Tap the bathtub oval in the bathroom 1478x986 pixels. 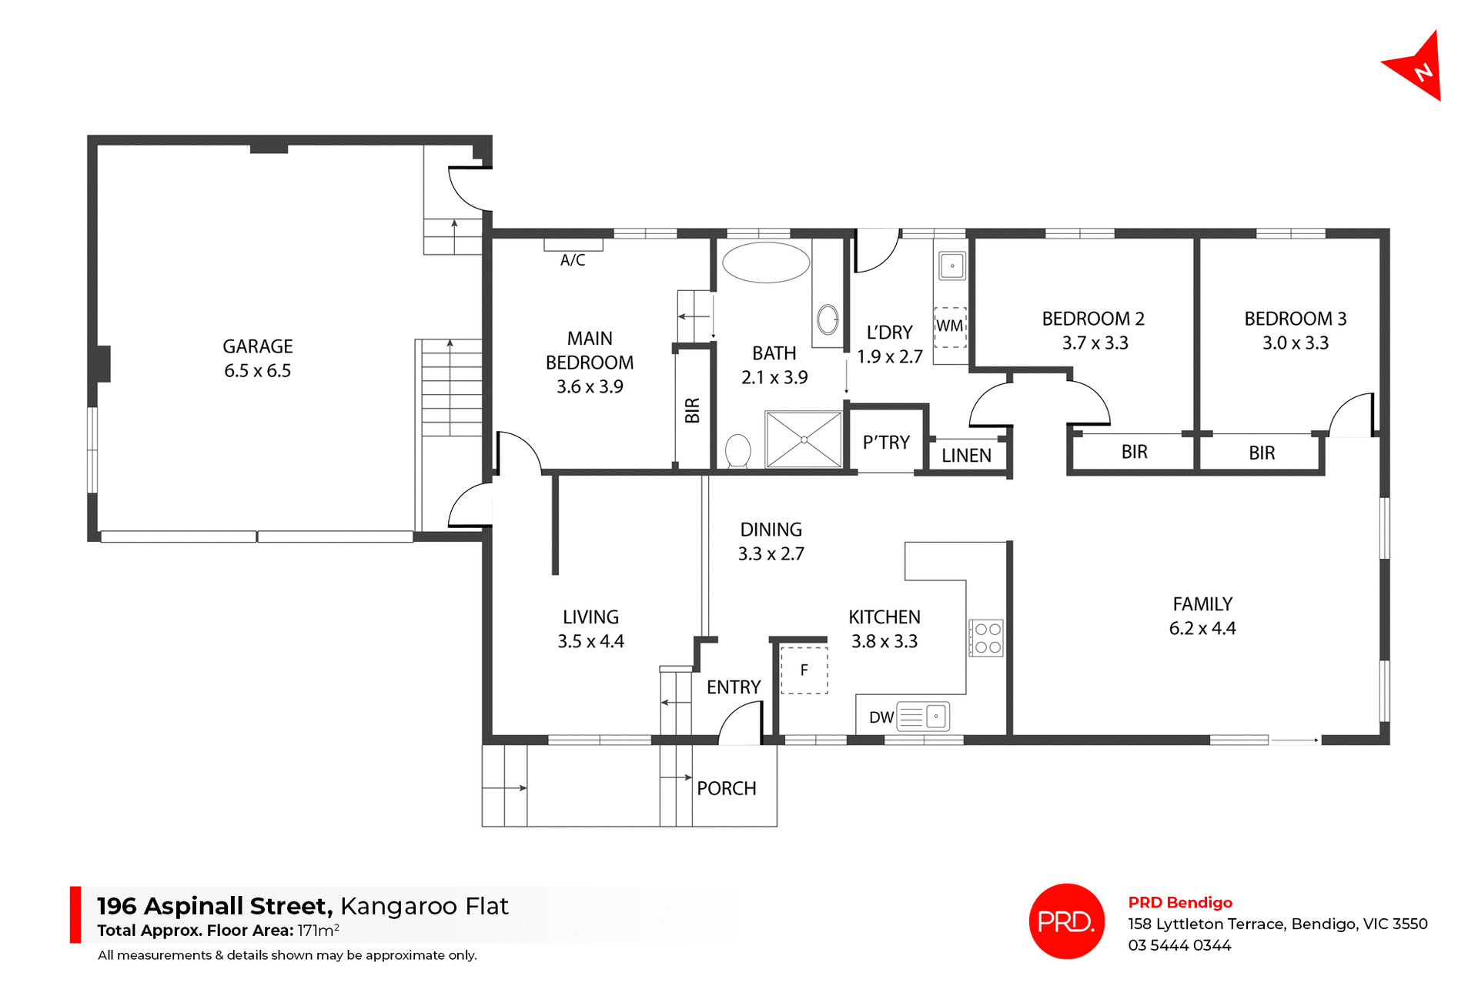pos(766,262)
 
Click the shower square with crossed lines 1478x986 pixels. pos(804,440)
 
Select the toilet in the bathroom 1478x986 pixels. pos(737,451)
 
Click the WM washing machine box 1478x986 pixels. pos(950,326)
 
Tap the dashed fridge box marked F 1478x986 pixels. pos(804,670)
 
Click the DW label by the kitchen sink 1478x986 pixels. pos(881,717)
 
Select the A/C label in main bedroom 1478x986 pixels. pos(572,260)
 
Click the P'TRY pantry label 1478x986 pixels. pos(886,443)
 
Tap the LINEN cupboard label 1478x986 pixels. pos(966,456)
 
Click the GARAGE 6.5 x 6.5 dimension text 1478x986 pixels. pos(257,371)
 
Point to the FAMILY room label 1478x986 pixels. pos(1202,604)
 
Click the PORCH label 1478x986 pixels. pos(726,788)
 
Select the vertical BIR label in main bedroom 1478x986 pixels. pos(692,410)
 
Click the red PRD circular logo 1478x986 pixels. pos(1066,921)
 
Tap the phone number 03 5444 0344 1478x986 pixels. pos(1179,945)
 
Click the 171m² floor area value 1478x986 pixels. pos(318,930)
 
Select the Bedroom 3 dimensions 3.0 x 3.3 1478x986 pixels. pos(1295,343)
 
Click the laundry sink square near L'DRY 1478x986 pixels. pos(952,266)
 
